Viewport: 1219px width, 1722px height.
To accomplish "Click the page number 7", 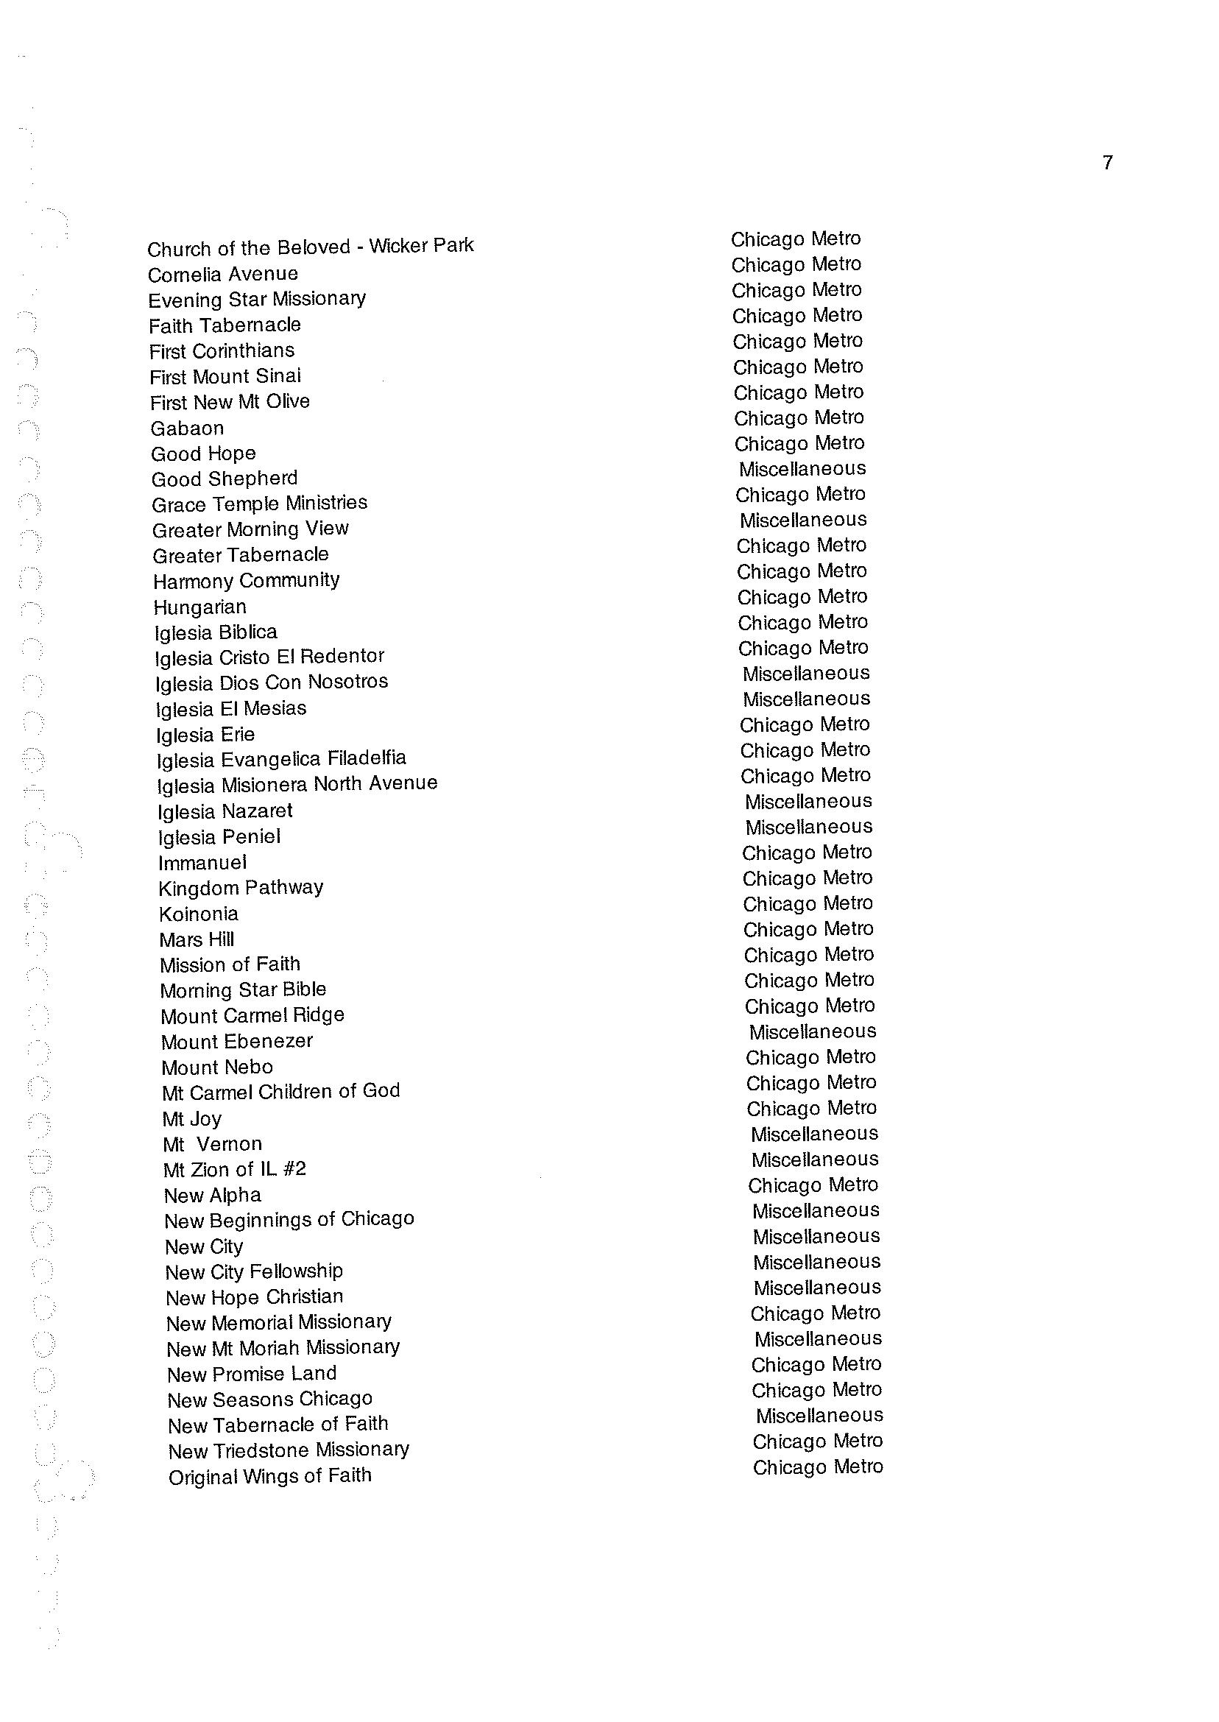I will pos(1108,162).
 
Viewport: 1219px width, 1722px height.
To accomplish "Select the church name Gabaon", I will pos(187,428).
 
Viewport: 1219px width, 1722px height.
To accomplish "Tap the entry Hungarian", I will pos(199,607).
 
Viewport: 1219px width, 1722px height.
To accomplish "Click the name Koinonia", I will pos(199,914).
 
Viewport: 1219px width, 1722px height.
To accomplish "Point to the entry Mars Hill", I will pos(197,939).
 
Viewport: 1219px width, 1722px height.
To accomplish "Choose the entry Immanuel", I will pos(202,863).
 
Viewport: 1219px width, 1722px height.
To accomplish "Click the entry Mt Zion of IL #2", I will pos(235,1169).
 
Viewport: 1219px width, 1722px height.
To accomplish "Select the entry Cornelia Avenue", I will pos(223,274).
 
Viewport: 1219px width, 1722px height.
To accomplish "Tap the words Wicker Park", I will pos(421,245).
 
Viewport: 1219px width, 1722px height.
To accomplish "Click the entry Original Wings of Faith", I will pos(270,1476).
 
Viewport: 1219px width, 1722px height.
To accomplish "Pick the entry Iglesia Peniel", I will pos(219,836).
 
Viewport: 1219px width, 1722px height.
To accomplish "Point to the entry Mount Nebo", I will pos(218,1067).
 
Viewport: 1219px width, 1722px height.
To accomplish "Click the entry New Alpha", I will pos(213,1195).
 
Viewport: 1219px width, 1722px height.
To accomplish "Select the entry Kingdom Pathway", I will pos(241,888).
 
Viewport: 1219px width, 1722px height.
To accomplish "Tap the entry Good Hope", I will pos(203,454).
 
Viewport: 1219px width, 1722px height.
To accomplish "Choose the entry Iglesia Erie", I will pos(205,734).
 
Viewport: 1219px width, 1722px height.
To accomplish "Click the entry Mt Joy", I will pos(192,1118).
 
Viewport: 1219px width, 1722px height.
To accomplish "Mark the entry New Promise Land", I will pos(252,1374).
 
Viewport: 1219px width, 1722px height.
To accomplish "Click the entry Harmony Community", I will pos(246,580).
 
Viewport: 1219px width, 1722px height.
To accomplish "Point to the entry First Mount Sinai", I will pos(225,376).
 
